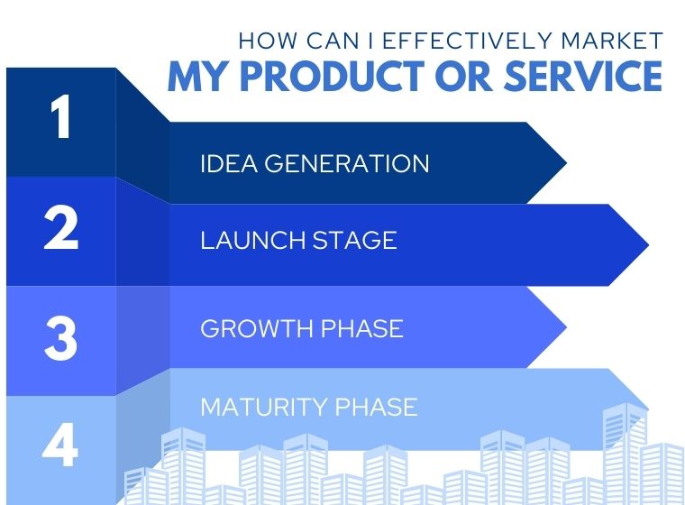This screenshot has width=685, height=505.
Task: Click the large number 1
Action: (60, 116)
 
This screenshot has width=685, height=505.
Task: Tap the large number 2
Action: (61, 227)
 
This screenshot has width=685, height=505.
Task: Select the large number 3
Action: (60, 338)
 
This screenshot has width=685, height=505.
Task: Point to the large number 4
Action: (59, 446)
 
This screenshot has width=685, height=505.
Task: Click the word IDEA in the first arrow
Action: (228, 163)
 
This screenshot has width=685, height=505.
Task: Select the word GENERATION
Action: (347, 163)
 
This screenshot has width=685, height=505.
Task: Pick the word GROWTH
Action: (257, 328)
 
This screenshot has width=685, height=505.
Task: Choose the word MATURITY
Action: (264, 407)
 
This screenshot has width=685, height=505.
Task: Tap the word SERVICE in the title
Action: (583, 76)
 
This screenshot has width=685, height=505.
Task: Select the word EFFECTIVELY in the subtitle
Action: (468, 41)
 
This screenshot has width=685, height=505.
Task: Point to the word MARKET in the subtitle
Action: (612, 41)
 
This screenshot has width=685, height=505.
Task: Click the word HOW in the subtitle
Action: (268, 41)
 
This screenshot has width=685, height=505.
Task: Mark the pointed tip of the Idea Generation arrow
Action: (567, 163)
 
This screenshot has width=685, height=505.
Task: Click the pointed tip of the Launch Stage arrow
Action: (649, 245)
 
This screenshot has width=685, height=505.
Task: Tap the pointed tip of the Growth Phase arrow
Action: (567, 327)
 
